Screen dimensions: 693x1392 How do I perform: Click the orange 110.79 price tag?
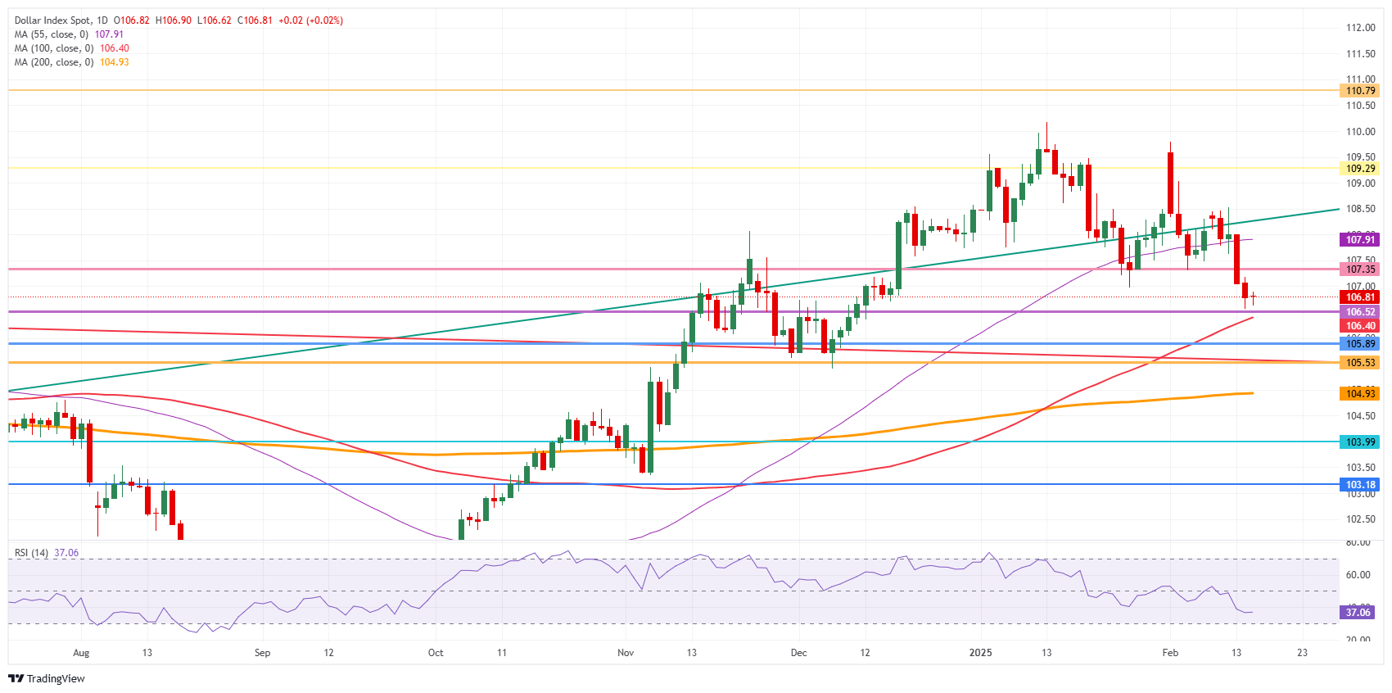click(x=1360, y=91)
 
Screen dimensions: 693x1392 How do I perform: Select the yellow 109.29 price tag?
click(x=1360, y=169)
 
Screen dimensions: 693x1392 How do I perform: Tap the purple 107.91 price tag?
click(x=1360, y=240)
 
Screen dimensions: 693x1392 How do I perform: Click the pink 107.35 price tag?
click(x=1360, y=269)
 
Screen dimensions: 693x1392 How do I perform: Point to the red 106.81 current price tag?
click(x=1360, y=297)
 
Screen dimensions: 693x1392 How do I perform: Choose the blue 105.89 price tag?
click(x=1360, y=344)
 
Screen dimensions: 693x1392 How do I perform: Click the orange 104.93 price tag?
click(x=1360, y=394)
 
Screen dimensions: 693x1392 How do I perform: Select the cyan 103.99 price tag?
click(x=1360, y=442)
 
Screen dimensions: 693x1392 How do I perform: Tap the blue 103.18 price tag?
click(x=1360, y=485)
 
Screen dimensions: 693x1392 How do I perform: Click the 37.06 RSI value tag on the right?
click(x=1358, y=613)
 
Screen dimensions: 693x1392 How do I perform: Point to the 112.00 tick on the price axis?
click(x=1360, y=28)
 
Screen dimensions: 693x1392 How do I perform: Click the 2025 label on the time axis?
click(x=980, y=653)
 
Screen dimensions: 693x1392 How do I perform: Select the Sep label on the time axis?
click(x=262, y=653)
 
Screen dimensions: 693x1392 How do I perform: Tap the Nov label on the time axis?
click(x=626, y=653)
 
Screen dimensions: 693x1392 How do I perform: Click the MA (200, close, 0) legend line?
click(x=54, y=62)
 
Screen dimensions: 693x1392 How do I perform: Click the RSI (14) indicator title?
click(x=31, y=553)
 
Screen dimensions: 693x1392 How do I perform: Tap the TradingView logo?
click(x=47, y=678)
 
